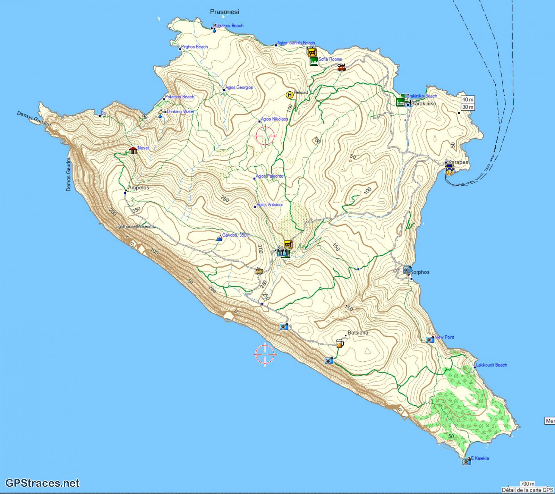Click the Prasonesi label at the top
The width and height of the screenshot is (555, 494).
point(224,12)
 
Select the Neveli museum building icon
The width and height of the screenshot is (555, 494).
point(133,150)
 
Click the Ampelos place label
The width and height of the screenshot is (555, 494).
point(138,187)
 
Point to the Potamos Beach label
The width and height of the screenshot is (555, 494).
point(179,97)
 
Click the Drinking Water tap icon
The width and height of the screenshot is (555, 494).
point(162,112)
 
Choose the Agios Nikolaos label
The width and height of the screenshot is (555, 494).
point(274,119)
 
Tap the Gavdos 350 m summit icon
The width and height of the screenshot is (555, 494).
point(219,238)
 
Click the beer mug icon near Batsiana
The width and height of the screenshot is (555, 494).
point(340,344)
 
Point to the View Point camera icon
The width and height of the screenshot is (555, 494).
point(430,340)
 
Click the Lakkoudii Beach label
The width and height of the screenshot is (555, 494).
point(492,365)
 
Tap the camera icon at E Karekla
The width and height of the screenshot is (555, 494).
point(466,461)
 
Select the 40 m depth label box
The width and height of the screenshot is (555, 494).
point(468,100)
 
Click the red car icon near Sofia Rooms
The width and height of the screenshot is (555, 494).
point(342,68)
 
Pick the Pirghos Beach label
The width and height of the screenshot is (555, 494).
point(195,47)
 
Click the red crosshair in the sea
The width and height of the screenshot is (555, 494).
point(265,354)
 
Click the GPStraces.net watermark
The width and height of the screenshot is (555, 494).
point(40,483)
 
